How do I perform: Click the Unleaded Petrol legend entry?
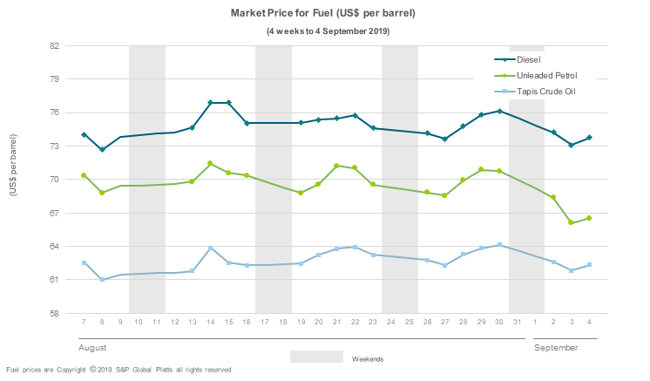click(x=546, y=76)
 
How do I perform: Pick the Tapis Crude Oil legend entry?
click(x=546, y=92)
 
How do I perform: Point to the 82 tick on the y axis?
click(x=54, y=45)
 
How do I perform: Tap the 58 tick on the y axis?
click(x=54, y=313)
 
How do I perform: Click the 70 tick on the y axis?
click(x=54, y=180)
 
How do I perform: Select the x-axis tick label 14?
click(x=211, y=323)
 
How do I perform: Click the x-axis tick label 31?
click(x=518, y=323)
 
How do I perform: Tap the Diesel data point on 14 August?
click(x=211, y=103)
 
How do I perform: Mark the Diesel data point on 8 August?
click(x=102, y=150)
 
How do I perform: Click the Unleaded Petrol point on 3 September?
click(x=572, y=223)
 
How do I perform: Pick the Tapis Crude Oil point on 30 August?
click(x=499, y=245)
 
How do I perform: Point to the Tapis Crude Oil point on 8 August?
click(x=102, y=280)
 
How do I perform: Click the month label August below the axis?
click(x=93, y=347)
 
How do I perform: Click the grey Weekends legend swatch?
click(x=316, y=357)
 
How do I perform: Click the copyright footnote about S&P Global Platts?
click(x=118, y=370)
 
